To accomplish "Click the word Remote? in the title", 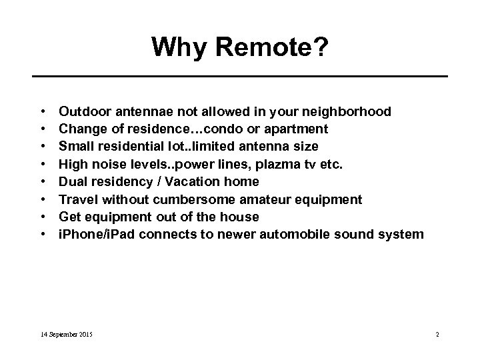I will (x=275, y=47).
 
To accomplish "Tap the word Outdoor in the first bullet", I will (x=81, y=111).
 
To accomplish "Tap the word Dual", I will (x=72, y=181).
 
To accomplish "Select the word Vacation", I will (x=182, y=181).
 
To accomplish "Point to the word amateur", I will (x=271, y=199).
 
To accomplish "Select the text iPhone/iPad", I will (x=92, y=235).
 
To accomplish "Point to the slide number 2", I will (x=437, y=333).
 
